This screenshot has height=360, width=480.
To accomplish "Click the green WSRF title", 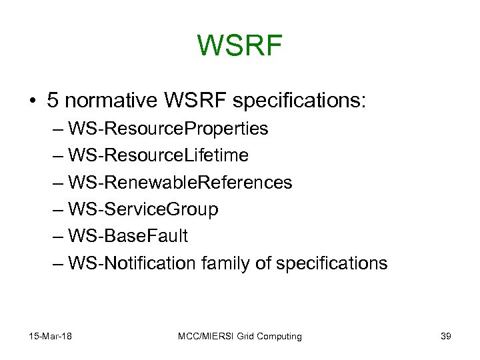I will (x=240, y=46).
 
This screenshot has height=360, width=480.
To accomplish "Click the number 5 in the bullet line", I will (x=53, y=101).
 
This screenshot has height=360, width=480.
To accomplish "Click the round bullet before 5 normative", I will (x=32, y=101).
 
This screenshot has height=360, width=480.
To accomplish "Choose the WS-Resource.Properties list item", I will (x=168, y=129).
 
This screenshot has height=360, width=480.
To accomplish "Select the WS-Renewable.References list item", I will (x=180, y=182).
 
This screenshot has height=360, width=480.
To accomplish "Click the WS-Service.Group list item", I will (x=143, y=209).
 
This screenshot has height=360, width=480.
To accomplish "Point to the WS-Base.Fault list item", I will (x=128, y=236).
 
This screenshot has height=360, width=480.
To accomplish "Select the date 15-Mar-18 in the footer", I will (x=50, y=336).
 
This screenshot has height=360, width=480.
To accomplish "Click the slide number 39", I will (x=446, y=336).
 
